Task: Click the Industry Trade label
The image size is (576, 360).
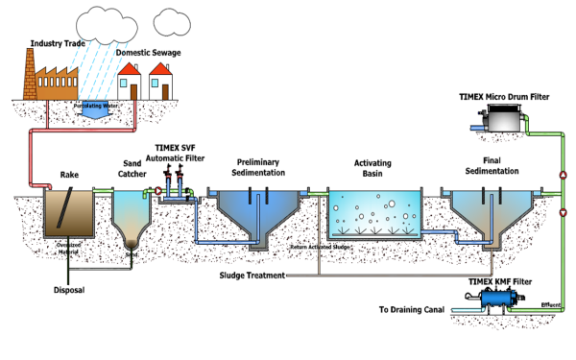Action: [x=57, y=44]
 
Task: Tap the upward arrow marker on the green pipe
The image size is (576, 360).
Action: [x=563, y=175]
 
